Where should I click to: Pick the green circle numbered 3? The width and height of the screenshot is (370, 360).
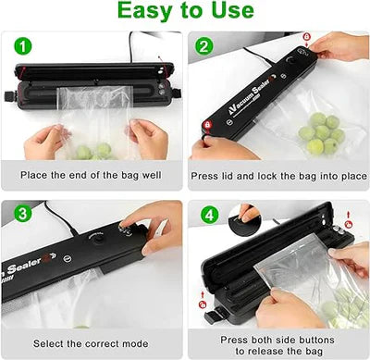[20, 215]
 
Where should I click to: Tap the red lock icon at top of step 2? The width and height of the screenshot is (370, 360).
[306, 38]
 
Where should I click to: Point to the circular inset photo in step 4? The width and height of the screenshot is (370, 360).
[247, 218]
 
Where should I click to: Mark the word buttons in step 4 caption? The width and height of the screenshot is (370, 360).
[312, 340]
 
